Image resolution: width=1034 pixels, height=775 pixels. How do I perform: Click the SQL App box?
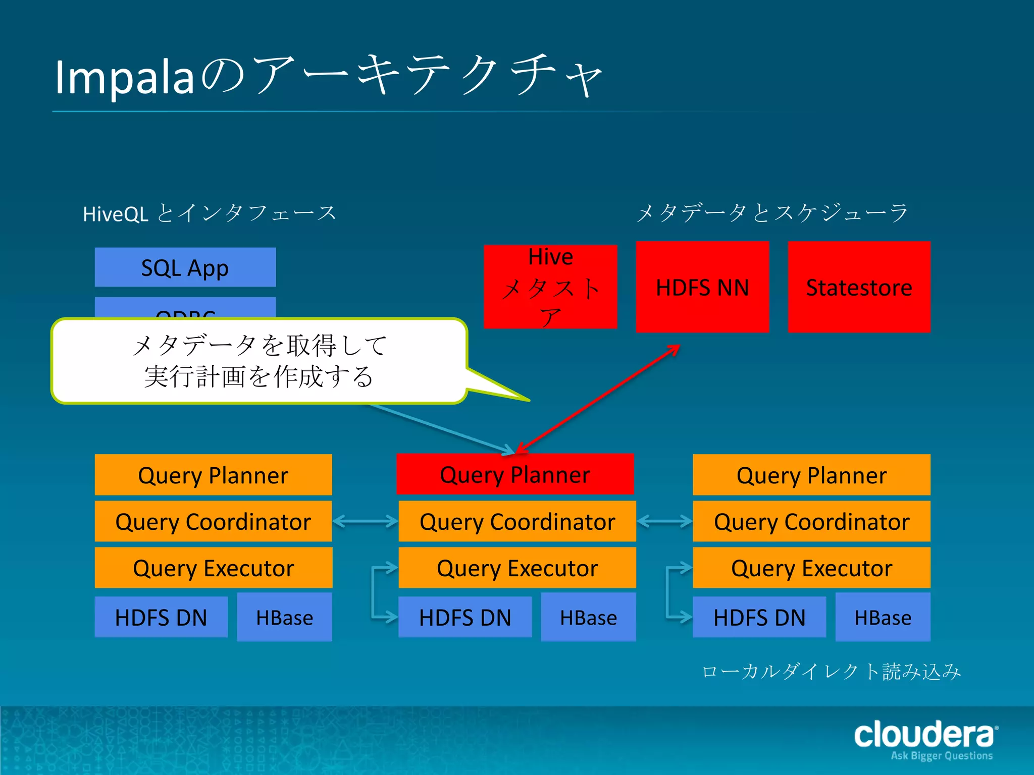click(185, 267)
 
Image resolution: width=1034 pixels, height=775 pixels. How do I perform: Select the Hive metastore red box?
click(550, 287)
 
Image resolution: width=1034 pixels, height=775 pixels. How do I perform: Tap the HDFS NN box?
click(702, 287)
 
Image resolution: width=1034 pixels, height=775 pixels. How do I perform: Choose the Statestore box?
click(859, 287)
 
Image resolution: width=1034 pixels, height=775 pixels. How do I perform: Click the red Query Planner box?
click(515, 474)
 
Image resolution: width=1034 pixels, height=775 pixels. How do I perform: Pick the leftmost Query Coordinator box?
click(213, 521)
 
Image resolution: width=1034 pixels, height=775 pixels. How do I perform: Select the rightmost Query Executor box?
click(811, 568)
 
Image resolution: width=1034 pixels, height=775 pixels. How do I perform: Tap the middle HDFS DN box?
click(465, 617)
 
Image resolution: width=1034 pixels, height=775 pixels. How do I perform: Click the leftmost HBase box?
click(284, 617)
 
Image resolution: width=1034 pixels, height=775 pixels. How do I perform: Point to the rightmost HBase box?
click(883, 617)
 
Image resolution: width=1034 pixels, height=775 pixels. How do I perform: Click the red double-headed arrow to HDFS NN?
click(598, 399)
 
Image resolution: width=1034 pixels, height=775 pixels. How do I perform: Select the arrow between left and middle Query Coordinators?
click(365, 521)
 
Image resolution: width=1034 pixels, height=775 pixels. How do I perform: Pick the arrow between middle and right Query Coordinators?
click(664, 521)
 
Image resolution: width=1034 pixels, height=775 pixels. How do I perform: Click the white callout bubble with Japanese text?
click(258, 361)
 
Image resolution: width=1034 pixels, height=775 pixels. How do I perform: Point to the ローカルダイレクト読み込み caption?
click(831, 672)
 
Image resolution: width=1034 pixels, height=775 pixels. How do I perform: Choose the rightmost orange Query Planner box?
click(811, 475)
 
